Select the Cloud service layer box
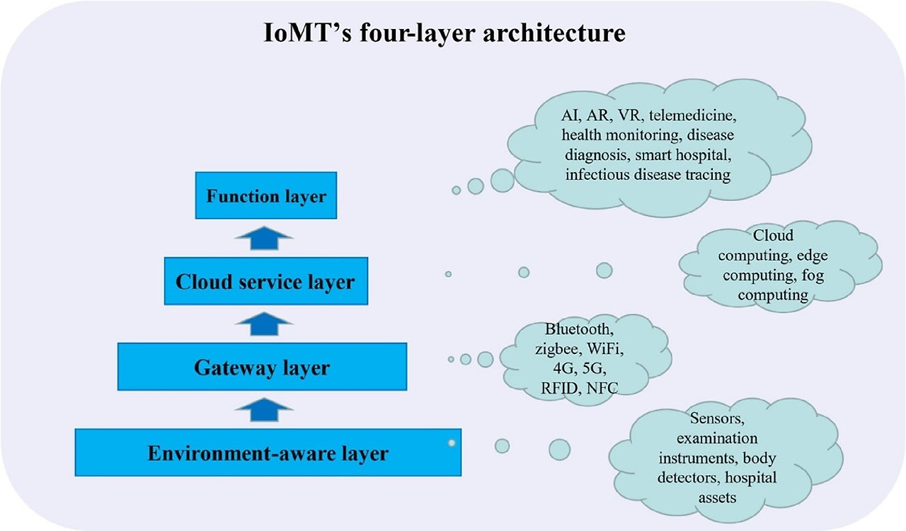pos(265,281)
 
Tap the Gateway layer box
pos(262,367)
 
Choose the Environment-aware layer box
pos(268,452)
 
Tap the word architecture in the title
pos(549,34)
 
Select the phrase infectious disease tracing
pos(648,174)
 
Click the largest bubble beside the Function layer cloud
pos(502,180)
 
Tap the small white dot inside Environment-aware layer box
pos(451,443)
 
